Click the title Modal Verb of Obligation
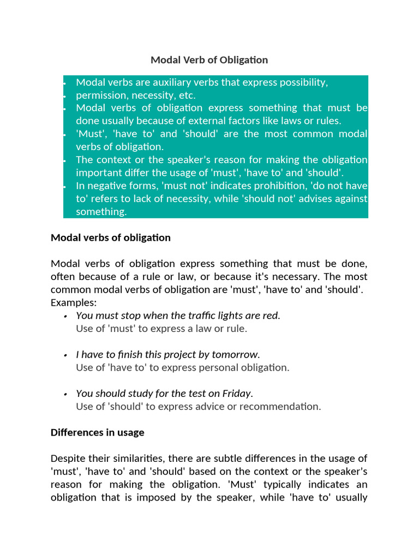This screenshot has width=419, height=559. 209,60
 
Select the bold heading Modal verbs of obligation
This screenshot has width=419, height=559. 110,237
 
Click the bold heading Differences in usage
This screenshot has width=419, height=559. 97,432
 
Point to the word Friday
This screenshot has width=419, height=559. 236,393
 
